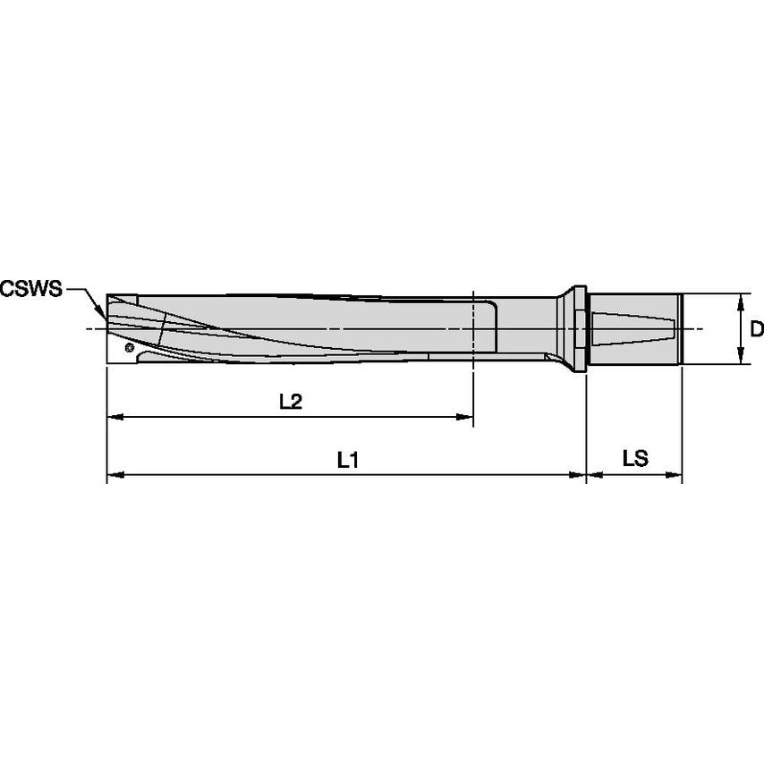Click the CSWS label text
click(x=31, y=289)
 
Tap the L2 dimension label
click(x=290, y=403)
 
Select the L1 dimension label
click(x=347, y=461)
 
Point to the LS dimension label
click(x=634, y=460)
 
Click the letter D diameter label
click(x=756, y=329)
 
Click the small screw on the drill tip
click(x=130, y=347)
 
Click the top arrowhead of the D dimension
click(x=742, y=300)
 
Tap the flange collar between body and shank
click(x=576, y=328)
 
